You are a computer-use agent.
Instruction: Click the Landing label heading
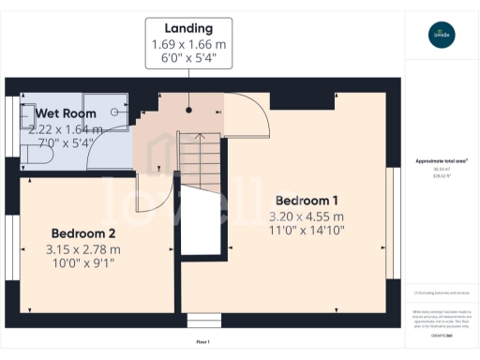[x=188, y=28]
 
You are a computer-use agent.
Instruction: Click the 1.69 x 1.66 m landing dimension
[x=188, y=45]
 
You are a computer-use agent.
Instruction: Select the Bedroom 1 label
[x=307, y=200]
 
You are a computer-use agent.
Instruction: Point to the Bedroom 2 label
[x=83, y=232]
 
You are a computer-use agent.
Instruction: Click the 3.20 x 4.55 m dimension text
[x=307, y=217]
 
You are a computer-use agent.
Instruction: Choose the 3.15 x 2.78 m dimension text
[x=83, y=249]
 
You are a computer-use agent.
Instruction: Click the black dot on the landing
[x=188, y=110]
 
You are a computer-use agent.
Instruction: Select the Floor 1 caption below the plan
[x=202, y=342]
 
